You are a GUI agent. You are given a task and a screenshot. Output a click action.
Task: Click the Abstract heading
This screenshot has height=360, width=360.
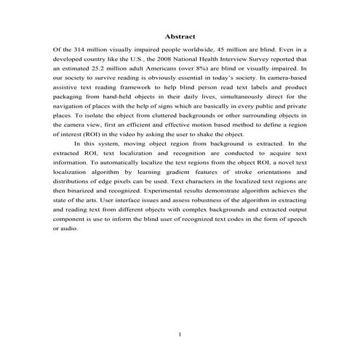180,36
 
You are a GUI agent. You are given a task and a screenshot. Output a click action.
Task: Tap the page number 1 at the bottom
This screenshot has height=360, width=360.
180,334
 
